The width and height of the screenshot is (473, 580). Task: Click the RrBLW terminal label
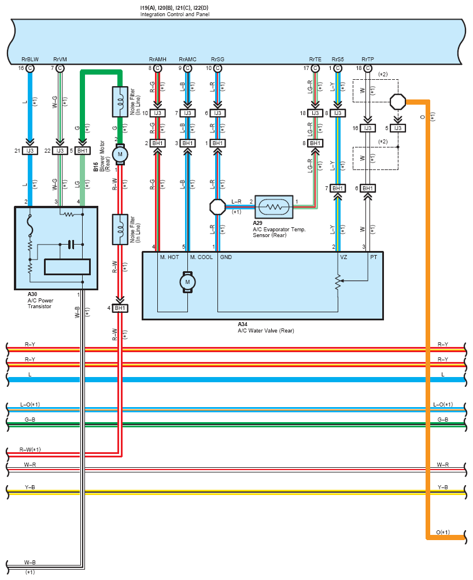point(30,59)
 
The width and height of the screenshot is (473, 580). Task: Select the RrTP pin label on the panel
point(368,59)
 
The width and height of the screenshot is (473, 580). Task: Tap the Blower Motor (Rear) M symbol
point(120,154)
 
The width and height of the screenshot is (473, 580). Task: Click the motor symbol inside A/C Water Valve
point(187,282)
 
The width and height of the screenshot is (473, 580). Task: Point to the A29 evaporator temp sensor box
point(274,207)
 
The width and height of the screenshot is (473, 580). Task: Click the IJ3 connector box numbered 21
point(30,150)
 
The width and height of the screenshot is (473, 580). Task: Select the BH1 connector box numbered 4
point(120,308)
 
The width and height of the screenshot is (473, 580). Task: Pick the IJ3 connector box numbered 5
point(398,128)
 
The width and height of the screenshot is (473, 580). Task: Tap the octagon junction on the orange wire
point(398,102)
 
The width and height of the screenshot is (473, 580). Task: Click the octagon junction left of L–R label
point(217,207)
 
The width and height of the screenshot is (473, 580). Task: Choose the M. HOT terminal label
point(169,257)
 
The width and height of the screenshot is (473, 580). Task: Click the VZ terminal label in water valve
point(343,257)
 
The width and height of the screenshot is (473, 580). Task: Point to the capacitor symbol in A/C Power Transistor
point(71,245)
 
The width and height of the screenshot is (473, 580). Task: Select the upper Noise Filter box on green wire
point(120,102)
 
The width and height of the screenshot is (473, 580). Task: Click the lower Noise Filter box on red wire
point(120,230)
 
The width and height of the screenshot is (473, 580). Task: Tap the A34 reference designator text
point(243,324)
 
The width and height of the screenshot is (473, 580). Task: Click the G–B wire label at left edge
point(30,419)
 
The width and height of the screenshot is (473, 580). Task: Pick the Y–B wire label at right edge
point(443,487)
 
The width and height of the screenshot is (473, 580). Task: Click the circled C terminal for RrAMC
point(187,68)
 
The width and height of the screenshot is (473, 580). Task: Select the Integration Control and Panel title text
point(175,14)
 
